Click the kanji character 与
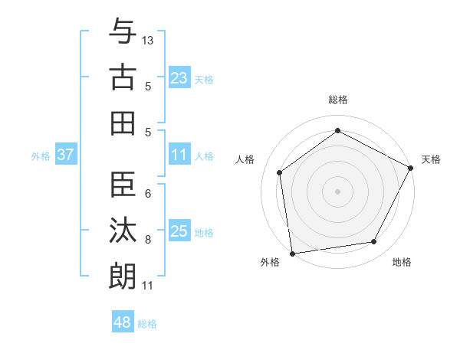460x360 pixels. tap(123, 32)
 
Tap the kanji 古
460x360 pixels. tap(123, 77)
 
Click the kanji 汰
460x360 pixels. tap(123, 231)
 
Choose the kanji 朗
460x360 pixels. tap(123, 277)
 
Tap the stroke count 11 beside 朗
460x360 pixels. tap(148, 286)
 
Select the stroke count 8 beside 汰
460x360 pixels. tap(148, 240)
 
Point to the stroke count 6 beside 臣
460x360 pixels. tap(148, 194)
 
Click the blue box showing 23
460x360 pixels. tap(179, 77)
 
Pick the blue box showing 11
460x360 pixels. tap(179, 155)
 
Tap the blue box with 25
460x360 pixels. tap(179, 231)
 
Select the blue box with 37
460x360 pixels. tap(66, 155)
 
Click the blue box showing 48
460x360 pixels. tap(123, 322)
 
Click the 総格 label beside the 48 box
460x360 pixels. tap(147, 324)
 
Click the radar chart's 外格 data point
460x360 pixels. tap(292, 253)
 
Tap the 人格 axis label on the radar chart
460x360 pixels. tap(245, 159)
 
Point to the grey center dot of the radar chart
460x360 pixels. tap(337, 191)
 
